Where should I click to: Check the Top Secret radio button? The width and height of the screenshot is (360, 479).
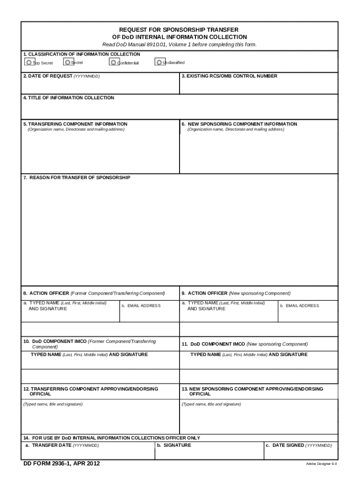[29, 62]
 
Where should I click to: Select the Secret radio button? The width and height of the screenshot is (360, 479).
[68, 62]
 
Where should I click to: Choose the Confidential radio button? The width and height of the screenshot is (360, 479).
[113, 62]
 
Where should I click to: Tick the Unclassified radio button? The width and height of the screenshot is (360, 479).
[159, 62]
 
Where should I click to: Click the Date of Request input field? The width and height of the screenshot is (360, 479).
[100, 86]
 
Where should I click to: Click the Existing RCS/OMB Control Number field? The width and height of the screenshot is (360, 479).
[258, 86]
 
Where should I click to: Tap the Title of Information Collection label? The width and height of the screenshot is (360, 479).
[69, 98]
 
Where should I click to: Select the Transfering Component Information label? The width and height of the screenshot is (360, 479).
[75, 124]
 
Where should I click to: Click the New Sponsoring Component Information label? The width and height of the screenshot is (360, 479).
[239, 124]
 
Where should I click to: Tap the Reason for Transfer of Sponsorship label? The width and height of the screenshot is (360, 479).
[77, 178]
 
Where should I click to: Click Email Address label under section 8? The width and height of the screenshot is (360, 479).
[141, 306]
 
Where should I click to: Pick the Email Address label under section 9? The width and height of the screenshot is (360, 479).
[299, 306]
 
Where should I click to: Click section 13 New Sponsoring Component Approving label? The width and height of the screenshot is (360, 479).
[252, 389]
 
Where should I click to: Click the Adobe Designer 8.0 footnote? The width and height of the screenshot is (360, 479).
[321, 464]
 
